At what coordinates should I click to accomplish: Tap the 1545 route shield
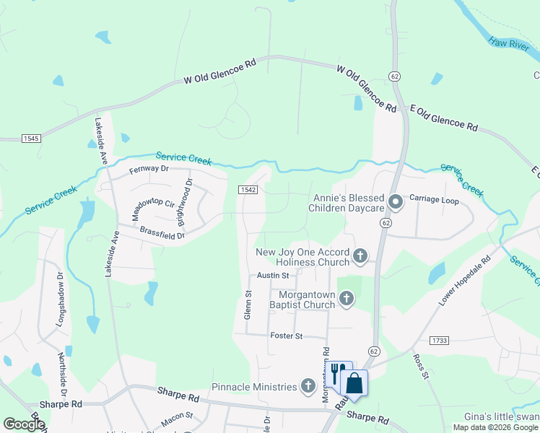[x=31, y=137]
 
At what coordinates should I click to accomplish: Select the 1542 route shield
[x=248, y=189]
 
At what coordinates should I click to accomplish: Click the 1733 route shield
[x=438, y=339]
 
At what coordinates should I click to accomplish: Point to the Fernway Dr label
[x=148, y=169]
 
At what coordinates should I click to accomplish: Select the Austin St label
[x=273, y=276]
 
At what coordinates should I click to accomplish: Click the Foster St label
[x=287, y=336]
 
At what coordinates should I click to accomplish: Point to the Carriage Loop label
[x=434, y=198]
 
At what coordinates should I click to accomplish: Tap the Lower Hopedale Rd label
[x=463, y=281]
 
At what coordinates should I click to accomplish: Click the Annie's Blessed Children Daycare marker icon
[x=395, y=203]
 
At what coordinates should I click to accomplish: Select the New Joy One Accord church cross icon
[x=360, y=255]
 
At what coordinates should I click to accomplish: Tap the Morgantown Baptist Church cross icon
[x=347, y=298]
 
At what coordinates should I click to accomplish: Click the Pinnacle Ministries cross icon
[x=308, y=386]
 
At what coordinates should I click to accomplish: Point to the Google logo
[x=24, y=424]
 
